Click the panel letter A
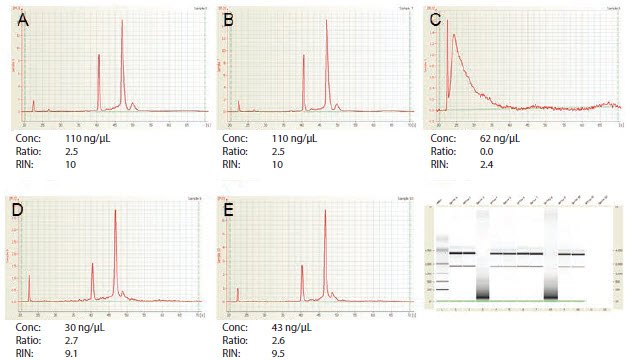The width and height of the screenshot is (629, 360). [21, 15]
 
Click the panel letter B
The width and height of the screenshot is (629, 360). [232, 15]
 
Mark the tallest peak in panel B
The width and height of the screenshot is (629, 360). [327, 21]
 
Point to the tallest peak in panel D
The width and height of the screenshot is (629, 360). [116, 210]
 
